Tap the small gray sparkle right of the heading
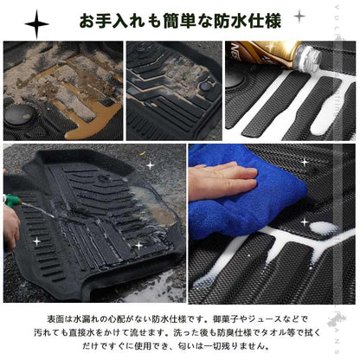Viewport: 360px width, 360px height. click(299, 16)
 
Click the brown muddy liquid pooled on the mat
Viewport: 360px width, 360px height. click(87, 121)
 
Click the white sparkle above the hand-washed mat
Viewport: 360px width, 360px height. click(149, 164)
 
